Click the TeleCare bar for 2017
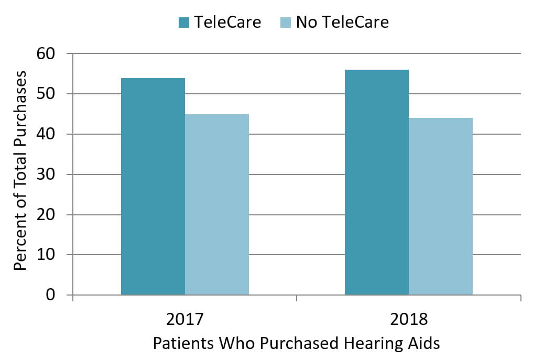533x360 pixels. (153, 187)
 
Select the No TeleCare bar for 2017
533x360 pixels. (217, 204)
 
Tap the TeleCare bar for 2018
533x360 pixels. (377, 182)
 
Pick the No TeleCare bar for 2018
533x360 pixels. (441, 206)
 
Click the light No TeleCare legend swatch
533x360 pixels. (286, 23)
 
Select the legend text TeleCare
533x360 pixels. (227, 23)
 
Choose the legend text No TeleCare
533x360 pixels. (342, 23)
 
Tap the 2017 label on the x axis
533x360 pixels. (185, 320)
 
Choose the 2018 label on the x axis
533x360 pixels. (409, 320)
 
